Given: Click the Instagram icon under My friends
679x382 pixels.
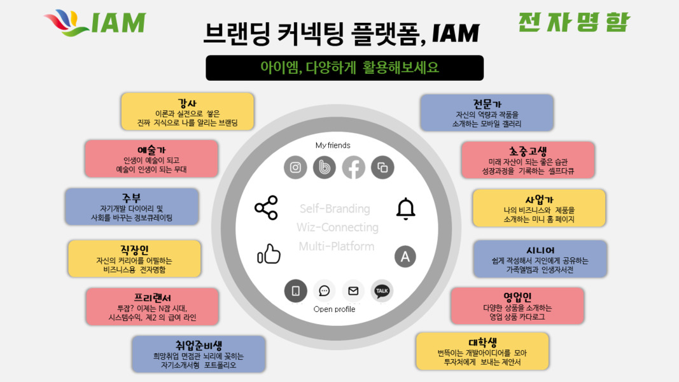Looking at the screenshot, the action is [295, 167].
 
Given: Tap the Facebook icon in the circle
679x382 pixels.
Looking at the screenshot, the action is [353, 167].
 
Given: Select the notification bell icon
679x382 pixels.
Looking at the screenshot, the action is [406, 209].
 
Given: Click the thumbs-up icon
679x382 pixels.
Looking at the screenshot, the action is [269, 254].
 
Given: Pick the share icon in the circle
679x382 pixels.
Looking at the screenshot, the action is [266, 208].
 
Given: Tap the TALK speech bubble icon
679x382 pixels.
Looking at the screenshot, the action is [382, 290].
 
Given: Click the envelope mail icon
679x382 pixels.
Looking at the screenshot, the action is [353, 290].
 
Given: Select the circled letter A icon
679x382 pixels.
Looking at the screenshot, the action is [405, 257].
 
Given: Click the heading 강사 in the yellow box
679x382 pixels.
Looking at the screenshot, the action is [187, 103].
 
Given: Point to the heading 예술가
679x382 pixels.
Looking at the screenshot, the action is [151, 150].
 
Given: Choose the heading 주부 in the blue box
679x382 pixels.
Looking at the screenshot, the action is [132, 199].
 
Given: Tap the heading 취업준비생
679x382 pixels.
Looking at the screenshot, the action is [199, 345].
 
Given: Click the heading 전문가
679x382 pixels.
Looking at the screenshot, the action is [487, 104].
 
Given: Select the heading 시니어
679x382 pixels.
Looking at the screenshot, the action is [540, 250].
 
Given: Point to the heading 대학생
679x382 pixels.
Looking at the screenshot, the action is [483, 343].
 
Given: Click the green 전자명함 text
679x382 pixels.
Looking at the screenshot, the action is [574, 22].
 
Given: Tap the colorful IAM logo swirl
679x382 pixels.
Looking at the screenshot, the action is [67, 22].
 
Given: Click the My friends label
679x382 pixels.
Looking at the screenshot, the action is [333, 145].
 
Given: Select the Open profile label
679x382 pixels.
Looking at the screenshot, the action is [334, 309].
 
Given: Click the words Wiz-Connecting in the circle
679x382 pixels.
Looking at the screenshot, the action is [337, 227].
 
